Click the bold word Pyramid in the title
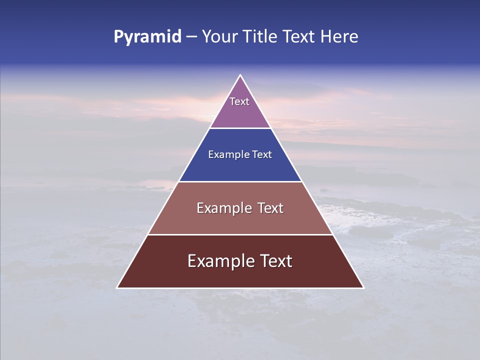[147, 37]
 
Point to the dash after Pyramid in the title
[191, 37]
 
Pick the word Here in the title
[339, 37]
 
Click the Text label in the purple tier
[239, 101]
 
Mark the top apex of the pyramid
[240, 75]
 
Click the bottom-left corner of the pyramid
[117, 287]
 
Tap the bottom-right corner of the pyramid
[363, 287]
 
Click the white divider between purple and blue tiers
[240, 128]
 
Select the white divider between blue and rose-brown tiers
[240, 181]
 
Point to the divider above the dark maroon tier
[240, 234]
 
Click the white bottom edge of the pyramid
[240, 288]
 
